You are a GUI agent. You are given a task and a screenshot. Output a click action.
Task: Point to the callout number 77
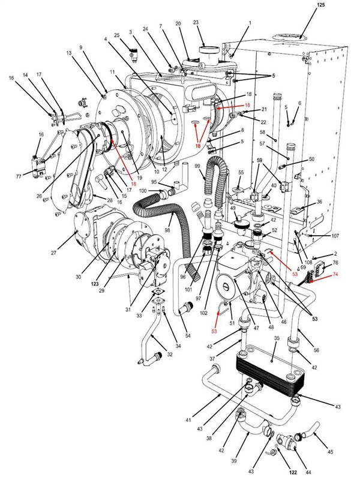click(x=19, y=176)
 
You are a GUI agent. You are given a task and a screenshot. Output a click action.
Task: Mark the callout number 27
click(x=53, y=253)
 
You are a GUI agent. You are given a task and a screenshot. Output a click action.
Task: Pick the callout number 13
click(x=70, y=54)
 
